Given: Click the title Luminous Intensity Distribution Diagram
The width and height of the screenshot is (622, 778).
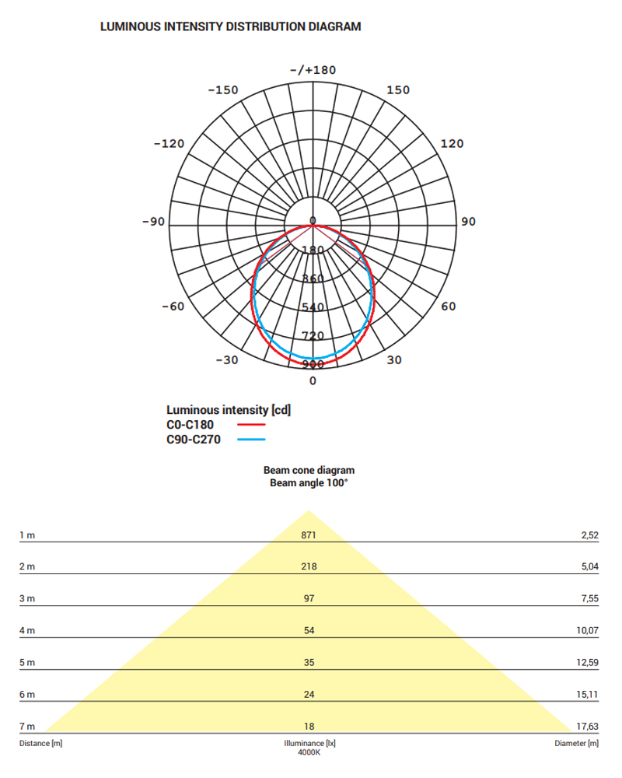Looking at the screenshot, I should coord(231,26).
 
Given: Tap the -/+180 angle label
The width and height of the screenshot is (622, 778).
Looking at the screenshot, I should coord(313,70).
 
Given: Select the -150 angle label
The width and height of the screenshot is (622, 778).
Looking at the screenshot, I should coord(223,90).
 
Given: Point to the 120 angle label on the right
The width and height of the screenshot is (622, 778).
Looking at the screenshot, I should coord(452,144).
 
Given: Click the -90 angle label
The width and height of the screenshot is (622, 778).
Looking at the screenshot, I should coord(153,222).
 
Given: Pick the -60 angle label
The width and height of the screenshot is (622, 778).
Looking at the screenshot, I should coord(173,307).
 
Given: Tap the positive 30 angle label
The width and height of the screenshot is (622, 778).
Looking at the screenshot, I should coord(394,360).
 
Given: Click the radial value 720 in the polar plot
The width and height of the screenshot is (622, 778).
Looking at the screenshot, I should coord(313,336).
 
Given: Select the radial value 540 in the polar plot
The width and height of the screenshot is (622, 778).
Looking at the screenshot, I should coord(313,307).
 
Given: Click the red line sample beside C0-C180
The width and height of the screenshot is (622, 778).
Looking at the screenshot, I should coord(251,425).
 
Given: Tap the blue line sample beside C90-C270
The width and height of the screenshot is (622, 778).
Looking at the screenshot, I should coord(251,440).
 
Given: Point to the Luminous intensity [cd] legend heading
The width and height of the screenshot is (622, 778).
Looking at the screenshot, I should coord(229,410).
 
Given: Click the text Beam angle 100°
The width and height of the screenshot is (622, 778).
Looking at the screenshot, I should coord(309,483).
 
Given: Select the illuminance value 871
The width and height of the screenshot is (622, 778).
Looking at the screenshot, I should coord(309,535).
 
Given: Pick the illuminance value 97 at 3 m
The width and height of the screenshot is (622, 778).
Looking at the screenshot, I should coord(309,599).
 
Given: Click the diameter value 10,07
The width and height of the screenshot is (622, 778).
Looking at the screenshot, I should coord(588,630).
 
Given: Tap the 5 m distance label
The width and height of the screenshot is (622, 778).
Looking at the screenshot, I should coord(27,662).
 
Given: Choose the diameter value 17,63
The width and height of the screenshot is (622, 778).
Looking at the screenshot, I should coord(588,726).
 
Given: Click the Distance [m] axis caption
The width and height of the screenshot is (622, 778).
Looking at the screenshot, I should coord(40,744).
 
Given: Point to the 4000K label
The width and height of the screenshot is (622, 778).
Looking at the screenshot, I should coord(309,752).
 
